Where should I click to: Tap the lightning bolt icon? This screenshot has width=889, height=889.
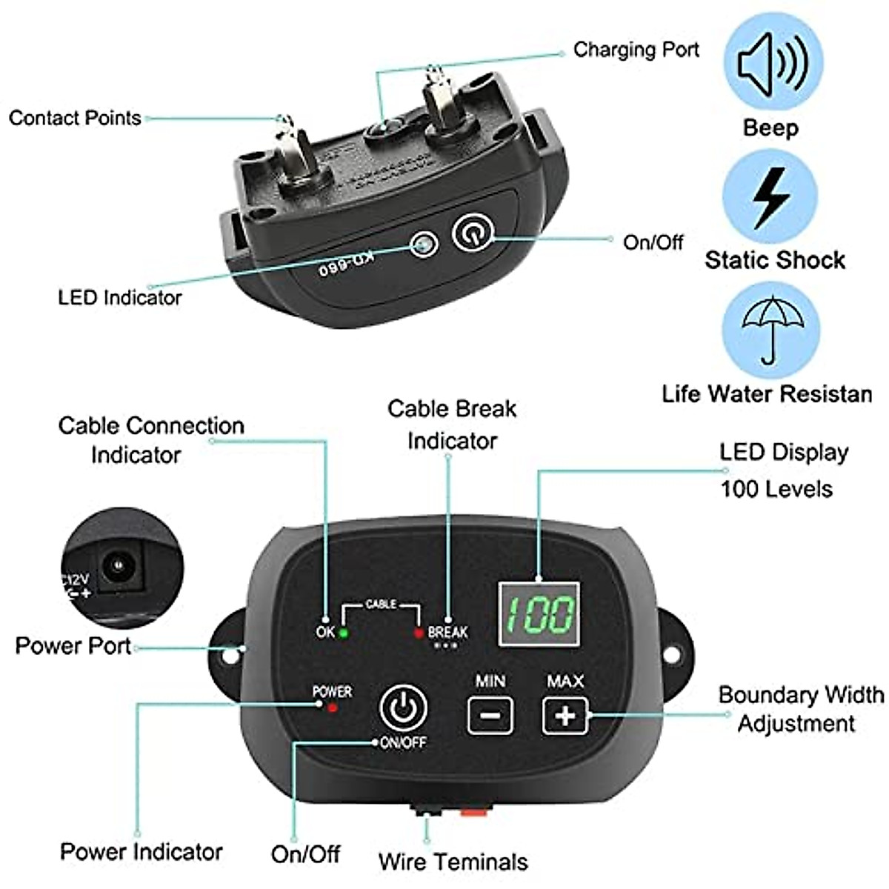(x=770, y=197)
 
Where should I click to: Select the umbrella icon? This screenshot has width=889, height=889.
(x=770, y=330)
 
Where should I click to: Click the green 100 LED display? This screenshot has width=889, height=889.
(x=539, y=613)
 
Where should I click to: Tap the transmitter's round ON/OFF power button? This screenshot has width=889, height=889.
(x=403, y=708)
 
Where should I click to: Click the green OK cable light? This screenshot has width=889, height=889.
(x=344, y=633)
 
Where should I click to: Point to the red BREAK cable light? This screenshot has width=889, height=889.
(x=419, y=633)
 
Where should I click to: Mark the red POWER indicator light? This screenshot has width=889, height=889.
(x=333, y=708)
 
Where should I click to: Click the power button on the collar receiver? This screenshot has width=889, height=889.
(x=472, y=235)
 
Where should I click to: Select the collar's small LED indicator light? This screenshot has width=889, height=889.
(x=424, y=244)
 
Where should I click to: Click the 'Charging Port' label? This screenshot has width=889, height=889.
(x=636, y=50)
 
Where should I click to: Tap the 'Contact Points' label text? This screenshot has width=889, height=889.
(x=75, y=118)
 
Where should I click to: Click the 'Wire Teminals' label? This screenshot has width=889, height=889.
(x=453, y=862)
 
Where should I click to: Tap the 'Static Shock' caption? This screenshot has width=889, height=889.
(x=774, y=260)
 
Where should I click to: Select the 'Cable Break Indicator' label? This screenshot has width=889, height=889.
(x=452, y=424)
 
